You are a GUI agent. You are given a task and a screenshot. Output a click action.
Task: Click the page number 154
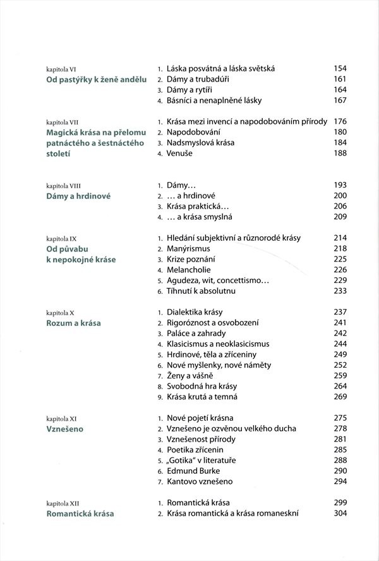[340, 68]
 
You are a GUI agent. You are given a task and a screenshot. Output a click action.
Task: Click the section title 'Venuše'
[181, 154]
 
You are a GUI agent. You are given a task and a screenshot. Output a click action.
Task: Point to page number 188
[340, 154]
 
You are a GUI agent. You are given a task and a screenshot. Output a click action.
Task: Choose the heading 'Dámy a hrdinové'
[79, 196]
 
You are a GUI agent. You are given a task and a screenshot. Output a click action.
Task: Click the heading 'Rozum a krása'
[74, 323]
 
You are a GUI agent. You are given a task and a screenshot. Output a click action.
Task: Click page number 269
[340, 397]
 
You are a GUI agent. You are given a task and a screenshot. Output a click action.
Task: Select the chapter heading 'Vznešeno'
[66, 428]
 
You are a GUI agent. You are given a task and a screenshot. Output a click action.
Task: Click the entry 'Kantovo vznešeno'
[200, 481]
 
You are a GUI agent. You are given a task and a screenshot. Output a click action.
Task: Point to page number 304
[340, 514]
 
